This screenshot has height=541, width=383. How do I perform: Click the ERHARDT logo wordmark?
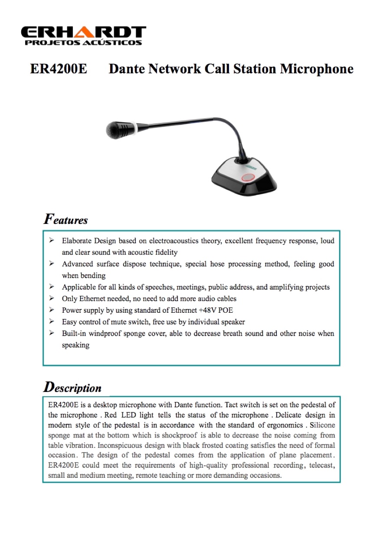[x=83, y=32]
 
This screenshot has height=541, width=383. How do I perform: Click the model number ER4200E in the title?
[x=59, y=69]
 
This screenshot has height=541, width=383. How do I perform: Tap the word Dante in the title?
[x=127, y=69]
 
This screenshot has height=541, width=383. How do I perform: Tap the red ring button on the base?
[x=249, y=177]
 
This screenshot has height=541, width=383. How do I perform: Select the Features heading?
[x=66, y=220]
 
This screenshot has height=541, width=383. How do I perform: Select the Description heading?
[x=72, y=387]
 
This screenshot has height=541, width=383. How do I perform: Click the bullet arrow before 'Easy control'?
[x=52, y=322]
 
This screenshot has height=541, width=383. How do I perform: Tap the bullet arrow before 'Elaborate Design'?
[x=52, y=240]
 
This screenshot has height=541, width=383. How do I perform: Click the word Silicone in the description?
[x=322, y=425]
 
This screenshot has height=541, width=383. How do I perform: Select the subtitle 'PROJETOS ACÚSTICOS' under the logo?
[x=83, y=43]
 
